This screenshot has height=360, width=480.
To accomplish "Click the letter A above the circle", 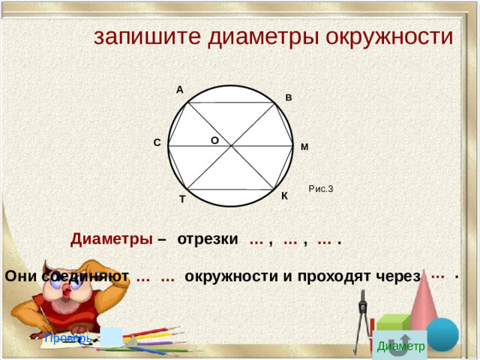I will click(x=180, y=90).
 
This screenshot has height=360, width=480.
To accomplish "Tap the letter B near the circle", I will click(x=289, y=98).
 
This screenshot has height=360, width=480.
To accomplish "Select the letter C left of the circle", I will click(x=157, y=142).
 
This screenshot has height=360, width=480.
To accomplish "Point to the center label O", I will click(x=214, y=140).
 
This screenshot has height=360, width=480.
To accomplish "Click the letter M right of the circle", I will click(x=304, y=147).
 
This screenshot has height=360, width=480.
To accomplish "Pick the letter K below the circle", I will click(x=284, y=196).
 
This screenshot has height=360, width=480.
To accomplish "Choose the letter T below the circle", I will click(x=182, y=199).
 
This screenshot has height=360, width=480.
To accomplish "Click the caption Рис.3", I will click(x=320, y=189).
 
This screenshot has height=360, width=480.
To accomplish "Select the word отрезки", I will click(x=208, y=240).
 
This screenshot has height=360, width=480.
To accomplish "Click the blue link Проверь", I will click(x=67, y=338).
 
